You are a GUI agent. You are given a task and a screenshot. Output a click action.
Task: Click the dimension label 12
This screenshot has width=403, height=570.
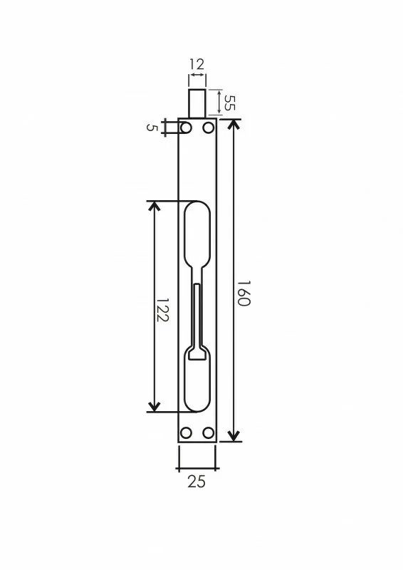[x=197, y=64]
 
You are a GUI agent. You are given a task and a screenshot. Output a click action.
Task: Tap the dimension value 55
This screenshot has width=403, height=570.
[x=230, y=103]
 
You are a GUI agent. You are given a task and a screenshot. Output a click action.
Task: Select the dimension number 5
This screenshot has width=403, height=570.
[x=152, y=128]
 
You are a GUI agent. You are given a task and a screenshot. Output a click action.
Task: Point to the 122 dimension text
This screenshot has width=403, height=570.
[x=162, y=310]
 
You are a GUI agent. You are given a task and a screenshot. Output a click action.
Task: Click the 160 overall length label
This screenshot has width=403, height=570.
[x=244, y=293]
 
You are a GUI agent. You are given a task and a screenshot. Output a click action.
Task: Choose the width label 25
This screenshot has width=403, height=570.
[x=197, y=482]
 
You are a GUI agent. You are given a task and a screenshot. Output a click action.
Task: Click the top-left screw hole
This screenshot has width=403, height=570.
[x=186, y=128]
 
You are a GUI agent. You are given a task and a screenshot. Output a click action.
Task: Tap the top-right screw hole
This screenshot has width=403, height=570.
[x=208, y=128]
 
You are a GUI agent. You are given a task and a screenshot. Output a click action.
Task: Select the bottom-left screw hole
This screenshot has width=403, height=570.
[x=186, y=432]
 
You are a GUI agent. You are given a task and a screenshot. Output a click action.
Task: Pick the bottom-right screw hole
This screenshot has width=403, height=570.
[x=208, y=432]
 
